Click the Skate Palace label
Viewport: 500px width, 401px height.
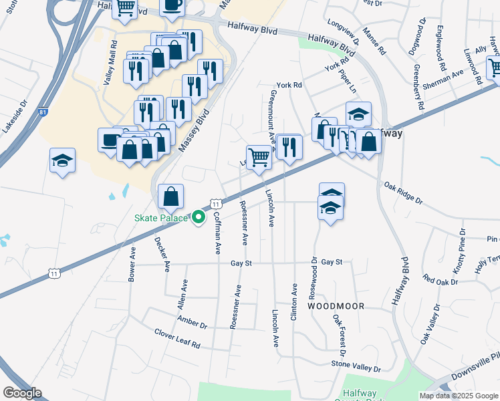click(x=162, y=218)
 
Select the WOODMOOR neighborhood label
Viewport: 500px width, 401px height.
click(x=336, y=305)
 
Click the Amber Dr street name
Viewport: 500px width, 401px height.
click(x=193, y=321)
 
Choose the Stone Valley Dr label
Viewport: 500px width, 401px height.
click(x=356, y=367)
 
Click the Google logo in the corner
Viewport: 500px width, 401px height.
click(x=22, y=392)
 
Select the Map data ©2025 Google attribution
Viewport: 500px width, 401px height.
click(x=459, y=396)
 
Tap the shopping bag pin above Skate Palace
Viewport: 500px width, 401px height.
click(x=171, y=197)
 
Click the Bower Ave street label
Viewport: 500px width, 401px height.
click(x=132, y=264)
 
